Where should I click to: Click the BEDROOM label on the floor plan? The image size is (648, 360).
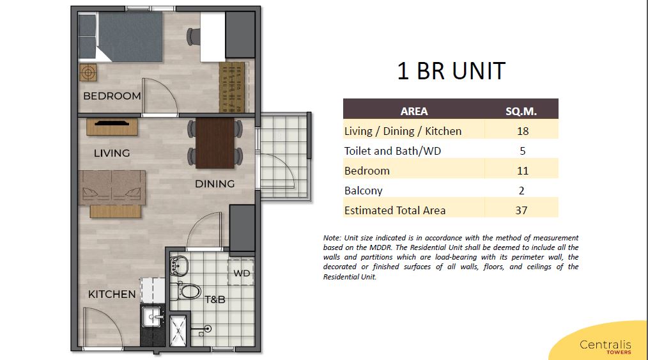(112, 96)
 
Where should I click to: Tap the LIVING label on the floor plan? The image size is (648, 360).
(112, 153)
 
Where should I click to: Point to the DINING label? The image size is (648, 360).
(215, 184)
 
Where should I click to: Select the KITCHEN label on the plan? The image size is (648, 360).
(112, 294)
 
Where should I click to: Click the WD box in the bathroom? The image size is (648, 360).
(241, 273)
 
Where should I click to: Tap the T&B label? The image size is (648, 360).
(215, 299)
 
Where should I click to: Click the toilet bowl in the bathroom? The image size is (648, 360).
(188, 292)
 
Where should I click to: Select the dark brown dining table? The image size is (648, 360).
(215, 143)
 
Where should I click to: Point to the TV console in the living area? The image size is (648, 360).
(112, 127)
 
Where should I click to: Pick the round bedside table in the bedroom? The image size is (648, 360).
(88, 73)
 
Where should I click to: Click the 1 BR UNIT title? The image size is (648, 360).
(451, 71)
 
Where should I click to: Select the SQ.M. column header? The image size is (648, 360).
(521, 111)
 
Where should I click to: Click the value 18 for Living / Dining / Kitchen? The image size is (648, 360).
(522, 131)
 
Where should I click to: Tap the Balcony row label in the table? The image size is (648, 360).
(363, 191)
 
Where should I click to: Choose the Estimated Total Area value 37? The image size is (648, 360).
(521, 210)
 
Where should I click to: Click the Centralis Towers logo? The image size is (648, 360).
(605, 347)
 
